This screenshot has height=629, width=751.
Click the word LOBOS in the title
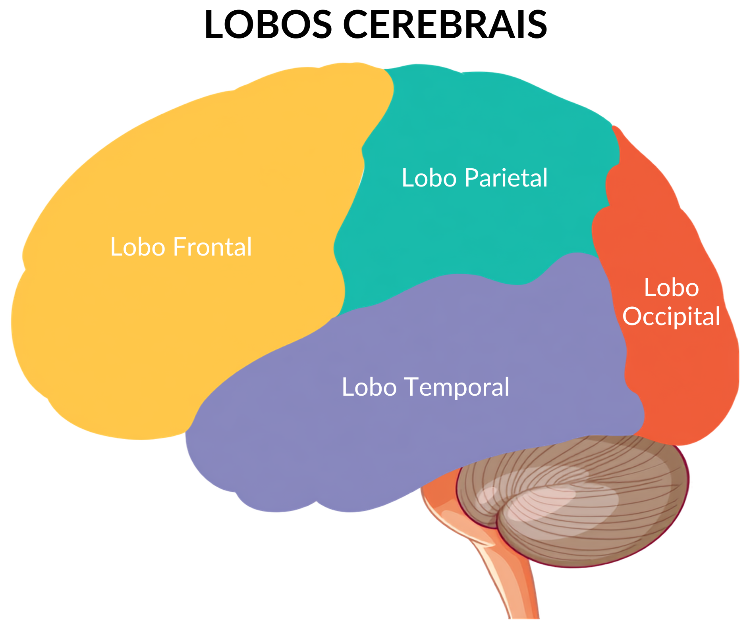click(268, 25)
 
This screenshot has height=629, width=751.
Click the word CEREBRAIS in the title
click(445, 25)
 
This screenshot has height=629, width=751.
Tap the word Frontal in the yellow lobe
click(212, 247)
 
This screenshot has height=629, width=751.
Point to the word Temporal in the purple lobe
click(457, 387)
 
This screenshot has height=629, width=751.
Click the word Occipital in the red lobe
click(671, 317)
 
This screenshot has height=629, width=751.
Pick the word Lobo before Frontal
click(138, 247)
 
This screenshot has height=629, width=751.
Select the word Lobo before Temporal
click(369, 387)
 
